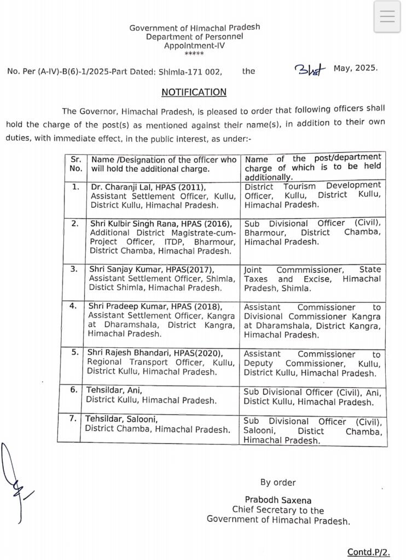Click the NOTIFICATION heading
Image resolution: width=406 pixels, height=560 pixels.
pos(194,92)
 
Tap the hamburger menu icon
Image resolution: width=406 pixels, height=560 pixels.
pos(387,17)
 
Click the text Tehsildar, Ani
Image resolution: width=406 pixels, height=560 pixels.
pos(113,390)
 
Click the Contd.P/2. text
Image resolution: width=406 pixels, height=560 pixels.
pos(368,552)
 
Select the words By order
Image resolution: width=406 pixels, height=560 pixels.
pos(277,482)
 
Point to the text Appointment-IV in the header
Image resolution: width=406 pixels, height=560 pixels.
pos(194,46)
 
